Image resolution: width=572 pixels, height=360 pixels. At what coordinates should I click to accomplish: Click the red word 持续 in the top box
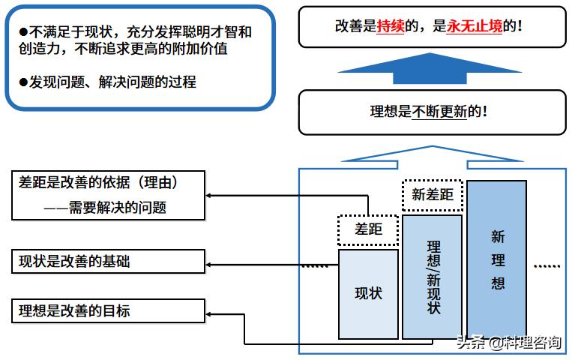[391, 26]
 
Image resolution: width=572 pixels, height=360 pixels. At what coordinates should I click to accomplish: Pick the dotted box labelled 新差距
[432, 195]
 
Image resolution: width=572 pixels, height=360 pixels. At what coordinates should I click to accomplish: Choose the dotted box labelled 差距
[368, 229]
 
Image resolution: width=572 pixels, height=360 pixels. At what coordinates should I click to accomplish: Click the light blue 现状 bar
[368, 293]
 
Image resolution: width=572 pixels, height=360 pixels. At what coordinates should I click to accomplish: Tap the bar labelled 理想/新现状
[432, 277]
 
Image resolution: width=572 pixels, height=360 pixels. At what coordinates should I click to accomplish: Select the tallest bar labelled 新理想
[497, 259]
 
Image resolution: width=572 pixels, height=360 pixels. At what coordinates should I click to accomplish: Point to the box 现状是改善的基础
[109, 262]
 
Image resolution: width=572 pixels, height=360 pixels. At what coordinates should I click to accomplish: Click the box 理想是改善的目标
[109, 310]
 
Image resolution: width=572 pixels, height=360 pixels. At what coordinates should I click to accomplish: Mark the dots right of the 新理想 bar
[547, 265]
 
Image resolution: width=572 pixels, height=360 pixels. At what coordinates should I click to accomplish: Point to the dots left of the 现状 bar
[315, 265]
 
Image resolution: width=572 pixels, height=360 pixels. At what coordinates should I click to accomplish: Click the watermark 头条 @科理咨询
[510, 343]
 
